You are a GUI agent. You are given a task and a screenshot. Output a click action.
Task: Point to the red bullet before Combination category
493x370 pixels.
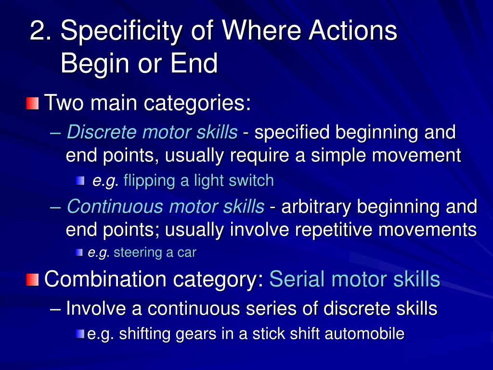pyautogui.click(x=33, y=279)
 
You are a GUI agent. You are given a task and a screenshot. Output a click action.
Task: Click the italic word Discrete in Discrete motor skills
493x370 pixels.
pyautogui.click(x=96, y=132)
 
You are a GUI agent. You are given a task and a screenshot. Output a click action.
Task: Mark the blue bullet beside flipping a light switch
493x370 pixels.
pyautogui.click(x=80, y=181)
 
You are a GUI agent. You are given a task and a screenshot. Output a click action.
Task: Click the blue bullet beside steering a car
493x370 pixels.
pyautogui.click(x=80, y=252)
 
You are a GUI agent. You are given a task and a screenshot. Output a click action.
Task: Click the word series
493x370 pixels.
pyautogui.click(x=276, y=308)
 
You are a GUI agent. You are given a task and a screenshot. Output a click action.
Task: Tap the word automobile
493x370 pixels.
pyautogui.click(x=364, y=333)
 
